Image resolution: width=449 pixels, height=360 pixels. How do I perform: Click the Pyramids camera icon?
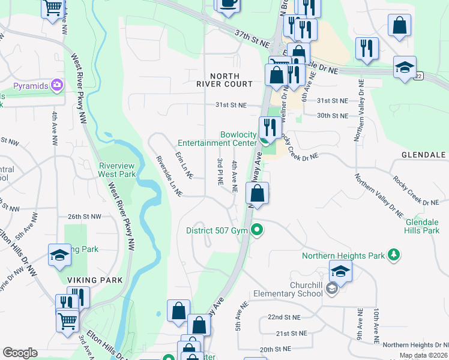point(57,86)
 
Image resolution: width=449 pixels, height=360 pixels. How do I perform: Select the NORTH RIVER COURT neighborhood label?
point(233,80)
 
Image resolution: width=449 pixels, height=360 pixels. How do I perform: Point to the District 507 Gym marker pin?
point(258,230)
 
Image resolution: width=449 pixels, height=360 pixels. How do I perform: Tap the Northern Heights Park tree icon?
point(394,256)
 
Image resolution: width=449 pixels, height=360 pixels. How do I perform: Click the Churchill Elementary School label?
point(291,289)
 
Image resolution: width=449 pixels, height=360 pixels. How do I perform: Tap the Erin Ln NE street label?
point(184,164)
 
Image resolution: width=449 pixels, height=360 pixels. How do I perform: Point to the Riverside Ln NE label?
point(169,175)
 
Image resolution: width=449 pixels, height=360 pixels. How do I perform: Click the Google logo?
point(20,353)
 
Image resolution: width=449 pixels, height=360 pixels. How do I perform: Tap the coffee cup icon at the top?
point(228,4)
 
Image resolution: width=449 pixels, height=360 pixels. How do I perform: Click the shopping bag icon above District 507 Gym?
point(257,194)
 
